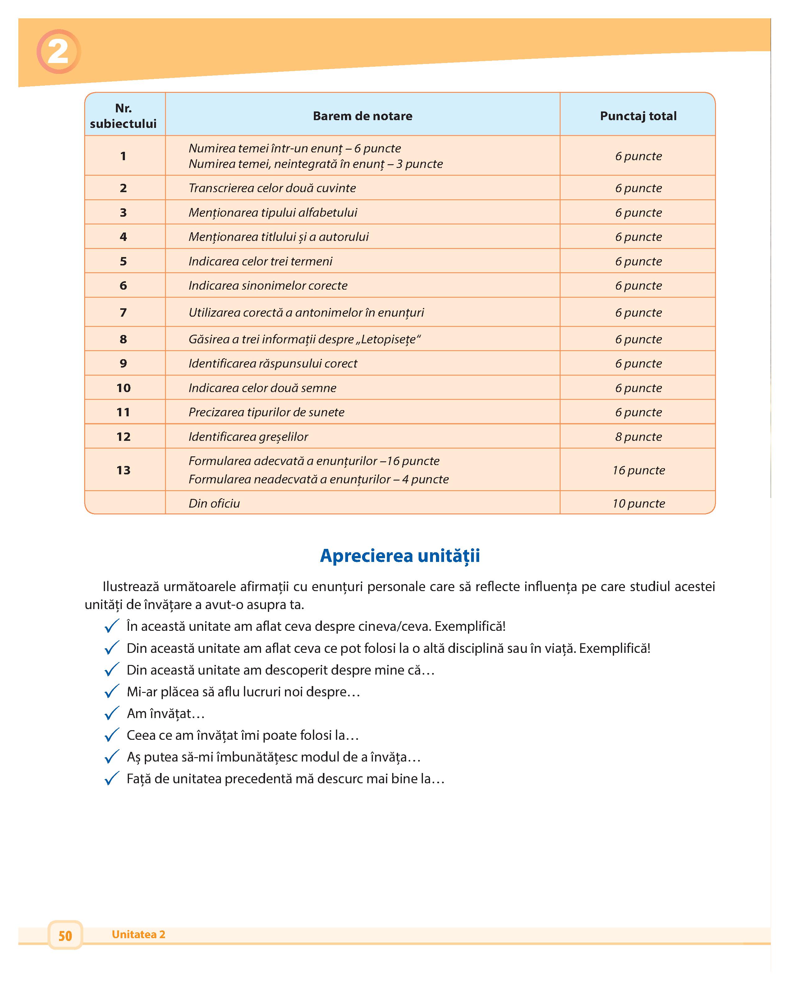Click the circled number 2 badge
[x=58, y=52]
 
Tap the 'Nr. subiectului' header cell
[x=123, y=116]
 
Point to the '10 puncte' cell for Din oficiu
[x=638, y=503]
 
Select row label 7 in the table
[x=123, y=312]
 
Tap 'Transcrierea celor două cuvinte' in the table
[x=272, y=188]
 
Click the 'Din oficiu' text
[x=214, y=503]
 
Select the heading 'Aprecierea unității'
[x=400, y=556]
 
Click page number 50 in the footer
[x=65, y=935]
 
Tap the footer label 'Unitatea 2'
[x=138, y=934]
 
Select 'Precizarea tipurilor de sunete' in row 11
[x=266, y=412]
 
